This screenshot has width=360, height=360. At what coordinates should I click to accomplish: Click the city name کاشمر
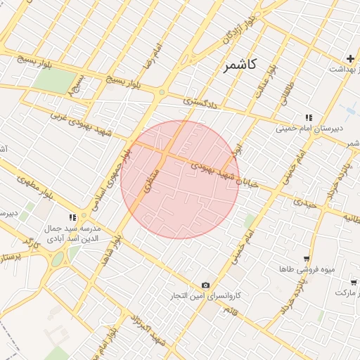[x=240, y=65]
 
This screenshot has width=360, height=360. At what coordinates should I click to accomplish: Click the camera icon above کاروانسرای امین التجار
[x=205, y=285]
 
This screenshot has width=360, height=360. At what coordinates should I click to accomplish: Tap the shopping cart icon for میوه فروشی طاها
[x=305, y=259]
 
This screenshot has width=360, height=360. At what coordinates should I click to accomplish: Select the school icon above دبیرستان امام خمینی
[x=307, y=117]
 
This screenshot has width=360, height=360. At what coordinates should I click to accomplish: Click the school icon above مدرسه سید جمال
[x=72, y=217]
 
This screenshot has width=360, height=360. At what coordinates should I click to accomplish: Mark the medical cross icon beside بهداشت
[x=349, y=58]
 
